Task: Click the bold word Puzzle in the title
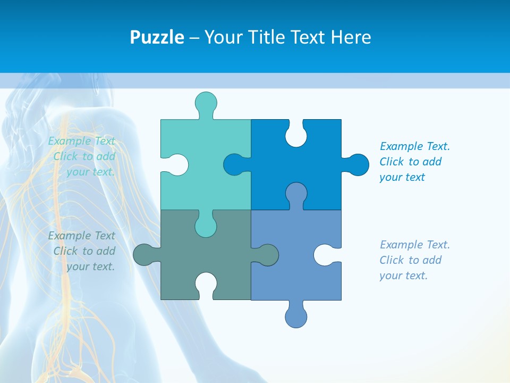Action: pos(157,37)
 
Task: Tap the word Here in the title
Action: pos(351,37)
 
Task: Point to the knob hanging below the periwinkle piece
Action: pos(296,317)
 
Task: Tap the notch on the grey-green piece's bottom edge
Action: pos(206,284)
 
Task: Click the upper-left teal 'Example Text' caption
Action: pos(82,156)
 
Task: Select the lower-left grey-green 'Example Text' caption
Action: pos(82,251)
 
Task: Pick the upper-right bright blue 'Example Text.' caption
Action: pos(414,162)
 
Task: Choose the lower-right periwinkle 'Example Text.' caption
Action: pos(414,260)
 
